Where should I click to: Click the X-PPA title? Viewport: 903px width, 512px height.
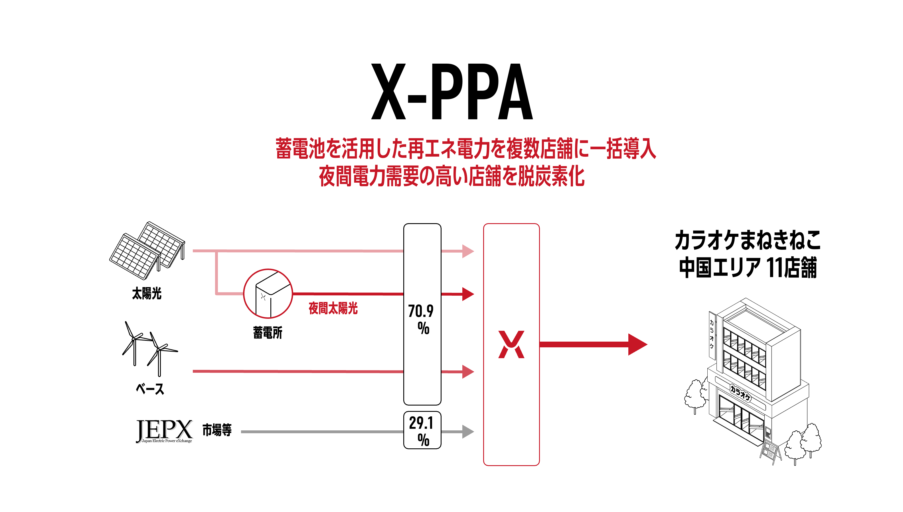coord(452,91)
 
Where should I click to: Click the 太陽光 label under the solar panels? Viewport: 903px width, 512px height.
coord(147,293)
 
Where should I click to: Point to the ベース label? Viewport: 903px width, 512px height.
coord(150,389)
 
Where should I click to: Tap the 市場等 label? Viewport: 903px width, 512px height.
coord(217,430)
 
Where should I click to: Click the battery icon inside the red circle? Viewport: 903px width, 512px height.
coord(268,294)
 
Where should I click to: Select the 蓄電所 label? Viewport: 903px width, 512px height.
coord(268,332)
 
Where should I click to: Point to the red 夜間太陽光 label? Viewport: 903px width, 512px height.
coord(333,309)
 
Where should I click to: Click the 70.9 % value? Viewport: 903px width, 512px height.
coord(421,319)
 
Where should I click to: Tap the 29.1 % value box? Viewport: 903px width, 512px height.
coord(422,430)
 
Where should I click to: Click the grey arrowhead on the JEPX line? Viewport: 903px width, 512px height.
coord(468,432)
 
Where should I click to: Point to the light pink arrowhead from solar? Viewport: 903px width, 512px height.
coord(468,251)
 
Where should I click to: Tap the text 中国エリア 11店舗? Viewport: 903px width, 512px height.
coord(748,268)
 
